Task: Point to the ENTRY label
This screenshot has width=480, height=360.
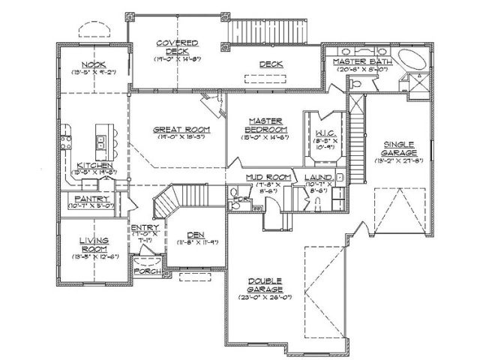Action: pos(143,229)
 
